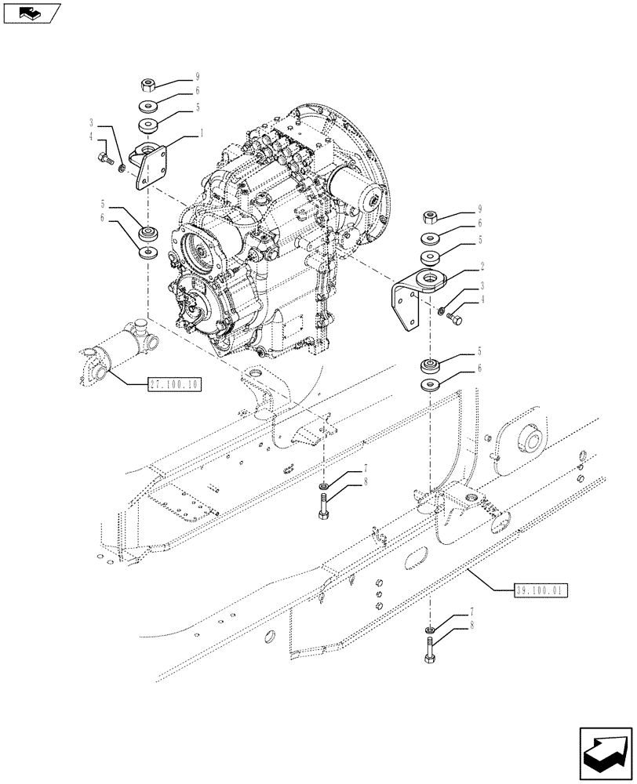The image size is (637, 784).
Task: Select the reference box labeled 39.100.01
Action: click(541, 587)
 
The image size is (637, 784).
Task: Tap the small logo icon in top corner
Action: click(30, 13)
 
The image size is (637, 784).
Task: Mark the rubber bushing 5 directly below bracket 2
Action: click(430, 365)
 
